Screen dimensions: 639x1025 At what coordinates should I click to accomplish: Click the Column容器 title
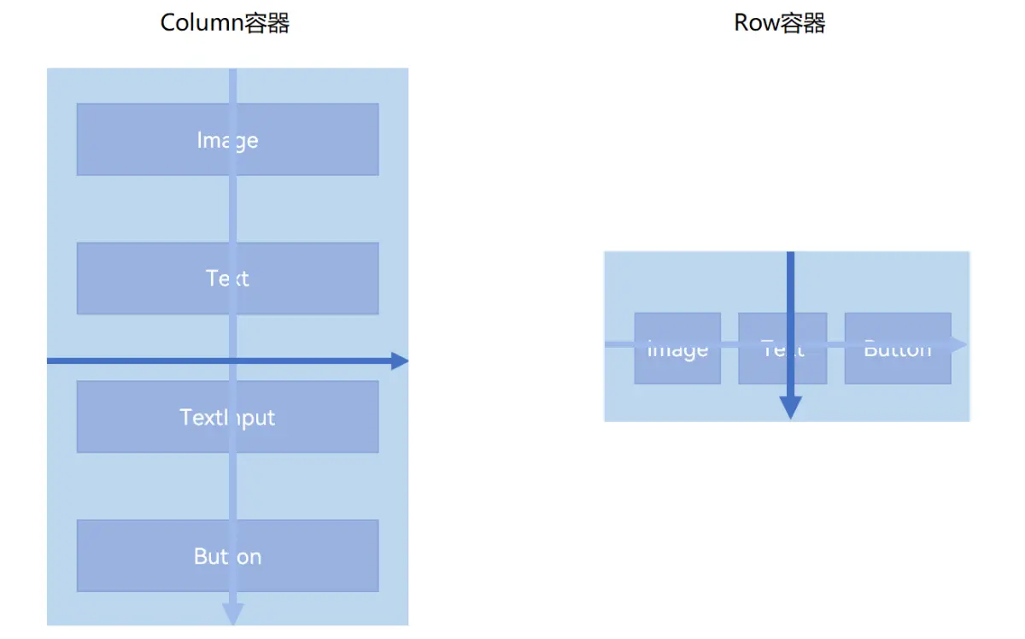pos(225,23)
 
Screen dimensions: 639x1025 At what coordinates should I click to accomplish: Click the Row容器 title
pos(779,23)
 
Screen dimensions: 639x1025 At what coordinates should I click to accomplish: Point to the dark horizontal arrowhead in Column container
pos(400,361)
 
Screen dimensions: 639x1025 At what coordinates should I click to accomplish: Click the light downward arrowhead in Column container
pos(232,614)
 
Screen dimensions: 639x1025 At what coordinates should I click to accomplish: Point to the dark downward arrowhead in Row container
pos(791,407)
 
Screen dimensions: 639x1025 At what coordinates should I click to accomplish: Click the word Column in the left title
pos(202,23)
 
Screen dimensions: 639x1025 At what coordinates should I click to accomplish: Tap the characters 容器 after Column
pos(267,23)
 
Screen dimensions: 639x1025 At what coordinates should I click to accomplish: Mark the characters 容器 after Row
pos(803,23)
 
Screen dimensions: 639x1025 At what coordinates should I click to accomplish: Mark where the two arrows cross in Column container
pos(232,361)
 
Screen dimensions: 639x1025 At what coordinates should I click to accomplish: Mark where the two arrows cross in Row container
pos(791,344)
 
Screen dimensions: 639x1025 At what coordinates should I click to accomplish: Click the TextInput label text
pos(227,417)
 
